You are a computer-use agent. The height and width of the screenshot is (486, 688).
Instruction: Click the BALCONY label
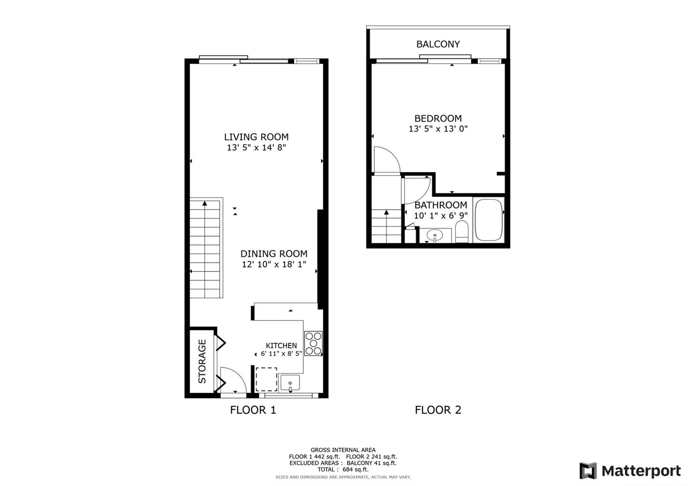[x=438, y=44]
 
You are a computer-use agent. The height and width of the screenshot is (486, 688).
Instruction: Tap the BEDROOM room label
[x=438, y=118]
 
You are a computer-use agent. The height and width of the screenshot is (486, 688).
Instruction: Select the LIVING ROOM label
[x=256, y=137]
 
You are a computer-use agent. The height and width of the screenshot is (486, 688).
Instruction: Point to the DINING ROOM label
[x=273, y=254]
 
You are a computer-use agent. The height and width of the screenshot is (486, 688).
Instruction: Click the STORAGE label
[x=202, y=361]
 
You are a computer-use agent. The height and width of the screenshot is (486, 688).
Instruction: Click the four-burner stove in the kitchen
[x=313, y=344]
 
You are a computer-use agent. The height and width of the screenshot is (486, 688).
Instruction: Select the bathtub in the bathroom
[x=488, y=220]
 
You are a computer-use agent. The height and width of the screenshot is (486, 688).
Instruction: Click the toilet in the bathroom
[x=462, y=232]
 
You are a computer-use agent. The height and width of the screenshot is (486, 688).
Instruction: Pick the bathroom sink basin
[x=435, y=236]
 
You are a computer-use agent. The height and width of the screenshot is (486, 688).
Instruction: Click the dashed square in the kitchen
[x=266, y=379]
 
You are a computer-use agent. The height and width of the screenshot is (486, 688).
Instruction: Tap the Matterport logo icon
[x=588, y=471]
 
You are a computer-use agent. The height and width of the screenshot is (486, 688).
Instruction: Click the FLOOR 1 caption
[x=253, y=410]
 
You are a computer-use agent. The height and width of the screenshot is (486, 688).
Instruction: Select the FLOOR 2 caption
[x=438, y=410]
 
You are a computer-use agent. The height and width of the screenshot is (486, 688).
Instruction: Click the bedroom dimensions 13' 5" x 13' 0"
[x=438, y=129]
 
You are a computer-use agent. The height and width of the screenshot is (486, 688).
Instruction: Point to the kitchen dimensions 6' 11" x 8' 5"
[x=281, y=354]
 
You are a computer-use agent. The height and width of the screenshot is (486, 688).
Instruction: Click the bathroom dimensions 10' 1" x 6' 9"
[x=441, y=215]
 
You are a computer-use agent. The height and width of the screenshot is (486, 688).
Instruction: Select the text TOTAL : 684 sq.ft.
[x=343, y=469]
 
